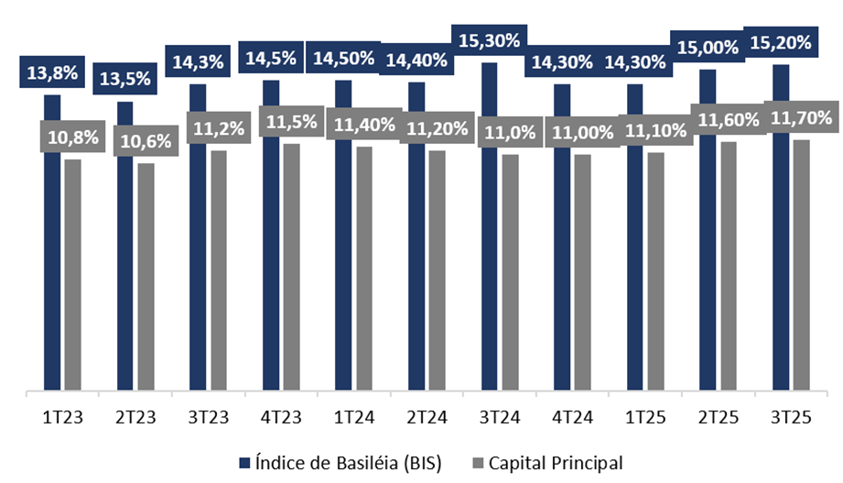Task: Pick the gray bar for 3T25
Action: click(x=802, y=266)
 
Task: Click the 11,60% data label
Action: click(x=728, y=120)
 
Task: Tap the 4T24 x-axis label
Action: click(x=571, y=417)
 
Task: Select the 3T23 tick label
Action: click(x=209, y=417)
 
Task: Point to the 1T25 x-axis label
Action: click(x=644, y=417)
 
